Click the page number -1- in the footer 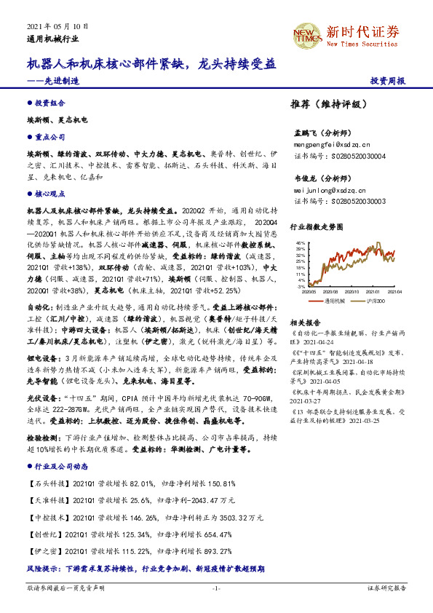click(x=216, y=587)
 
